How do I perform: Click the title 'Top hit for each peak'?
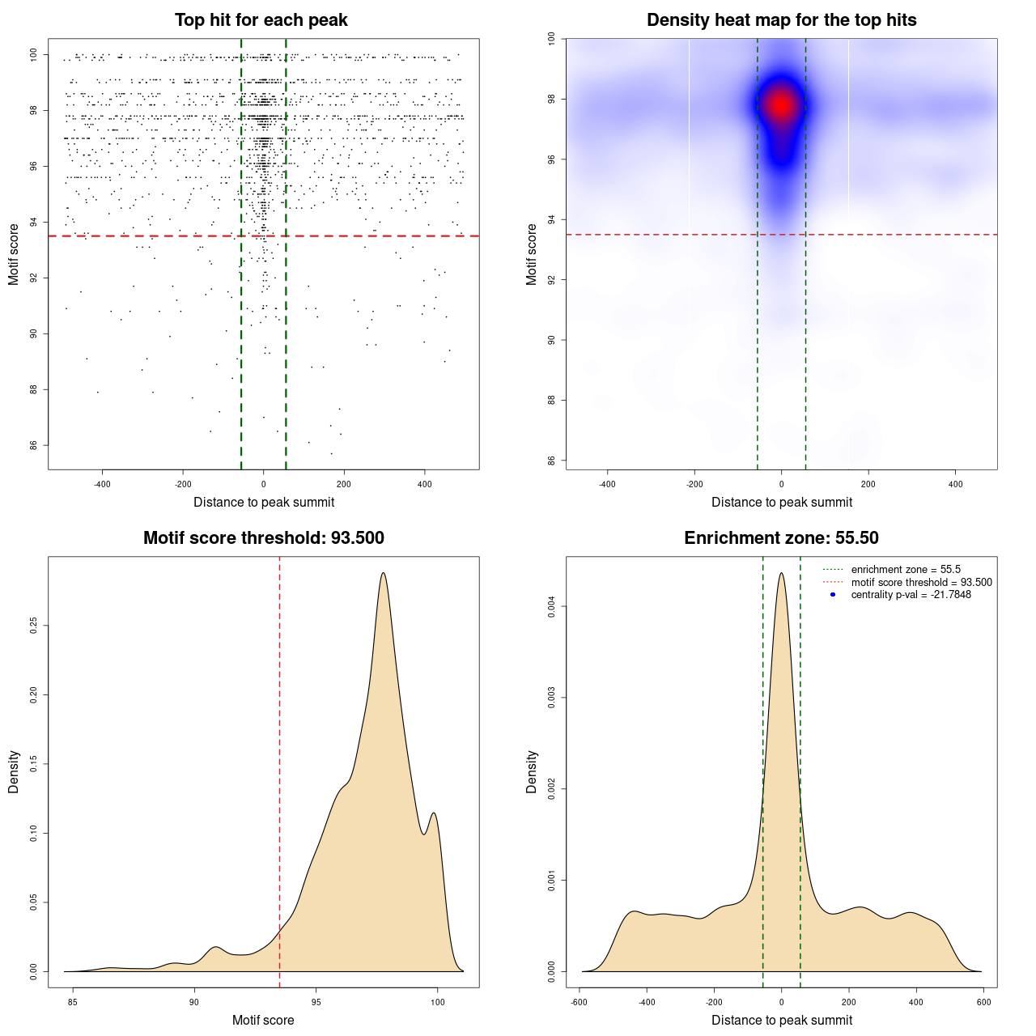[x=261, y=20]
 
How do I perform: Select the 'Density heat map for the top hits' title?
[x=781, y=20]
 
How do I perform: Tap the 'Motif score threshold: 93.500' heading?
[x=263, y=538]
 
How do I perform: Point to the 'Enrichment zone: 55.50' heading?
[x=781, y=538]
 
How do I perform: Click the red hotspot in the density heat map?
[x=781, y=105]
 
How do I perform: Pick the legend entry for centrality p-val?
[x=911, y=595]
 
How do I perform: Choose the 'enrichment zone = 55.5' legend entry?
[x=906, y=570]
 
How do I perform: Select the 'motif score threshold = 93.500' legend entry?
[x=921, y=583]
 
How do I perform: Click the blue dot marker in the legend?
[x=833, y=595]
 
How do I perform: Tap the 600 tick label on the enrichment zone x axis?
[x=983, y=1002]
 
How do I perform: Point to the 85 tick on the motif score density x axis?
[x=73, y=1002]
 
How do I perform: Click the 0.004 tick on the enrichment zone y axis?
[x=552, y=606]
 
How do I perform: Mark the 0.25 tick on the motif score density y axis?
[x=34, y=626]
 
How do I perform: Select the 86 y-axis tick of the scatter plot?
[x=34, y=445]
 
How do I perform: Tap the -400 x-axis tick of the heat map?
[x=607, y=484]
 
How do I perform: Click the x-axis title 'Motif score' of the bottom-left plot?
[x=263, y=1020]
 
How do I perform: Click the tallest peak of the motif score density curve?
[x=383, y=573]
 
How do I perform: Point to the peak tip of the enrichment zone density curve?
[x=781, y=574]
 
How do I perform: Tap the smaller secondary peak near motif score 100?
[x=435, y=813]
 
